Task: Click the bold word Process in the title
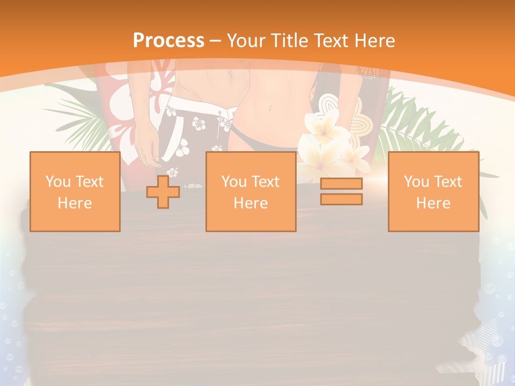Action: tap(168, 40)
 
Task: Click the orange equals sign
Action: tap(341, 191)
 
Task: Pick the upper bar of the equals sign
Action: tap(341, 184)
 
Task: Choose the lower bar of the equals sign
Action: tap(341, 199)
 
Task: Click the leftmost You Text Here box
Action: tap(75, 191)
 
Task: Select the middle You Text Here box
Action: tap(251, 191)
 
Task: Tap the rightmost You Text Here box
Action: tap(433, 191)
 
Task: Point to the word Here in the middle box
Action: tap(251, 203)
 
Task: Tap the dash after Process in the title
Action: tap(216, 40)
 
